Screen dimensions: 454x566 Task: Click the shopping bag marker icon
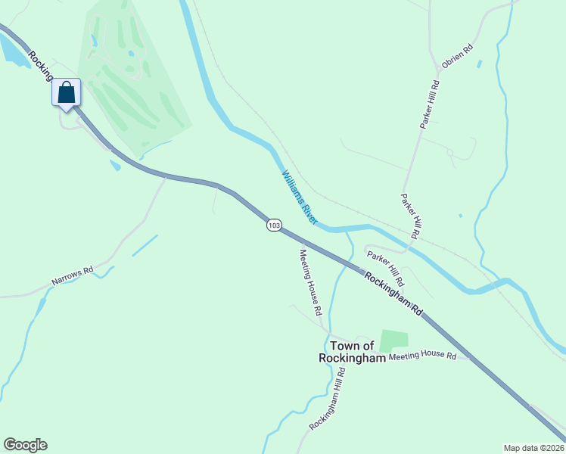(67, 92)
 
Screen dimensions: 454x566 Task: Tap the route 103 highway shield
(274, 225)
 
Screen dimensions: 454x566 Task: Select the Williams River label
(299, 196)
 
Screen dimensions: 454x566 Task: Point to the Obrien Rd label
(457, 58)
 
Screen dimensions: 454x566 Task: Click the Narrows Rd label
(72, 275)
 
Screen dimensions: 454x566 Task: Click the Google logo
(25, 445)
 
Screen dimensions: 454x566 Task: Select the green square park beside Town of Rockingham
(393, 340)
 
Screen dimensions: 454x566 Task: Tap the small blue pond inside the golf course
(131, 54)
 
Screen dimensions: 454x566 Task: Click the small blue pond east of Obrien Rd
(480, 64)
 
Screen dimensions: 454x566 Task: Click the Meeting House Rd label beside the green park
(423, 356)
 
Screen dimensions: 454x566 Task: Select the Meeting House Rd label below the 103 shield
(310, 282)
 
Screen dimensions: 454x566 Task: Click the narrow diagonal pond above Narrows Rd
(145, 246)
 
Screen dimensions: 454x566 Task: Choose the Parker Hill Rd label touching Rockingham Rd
(386, 269)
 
